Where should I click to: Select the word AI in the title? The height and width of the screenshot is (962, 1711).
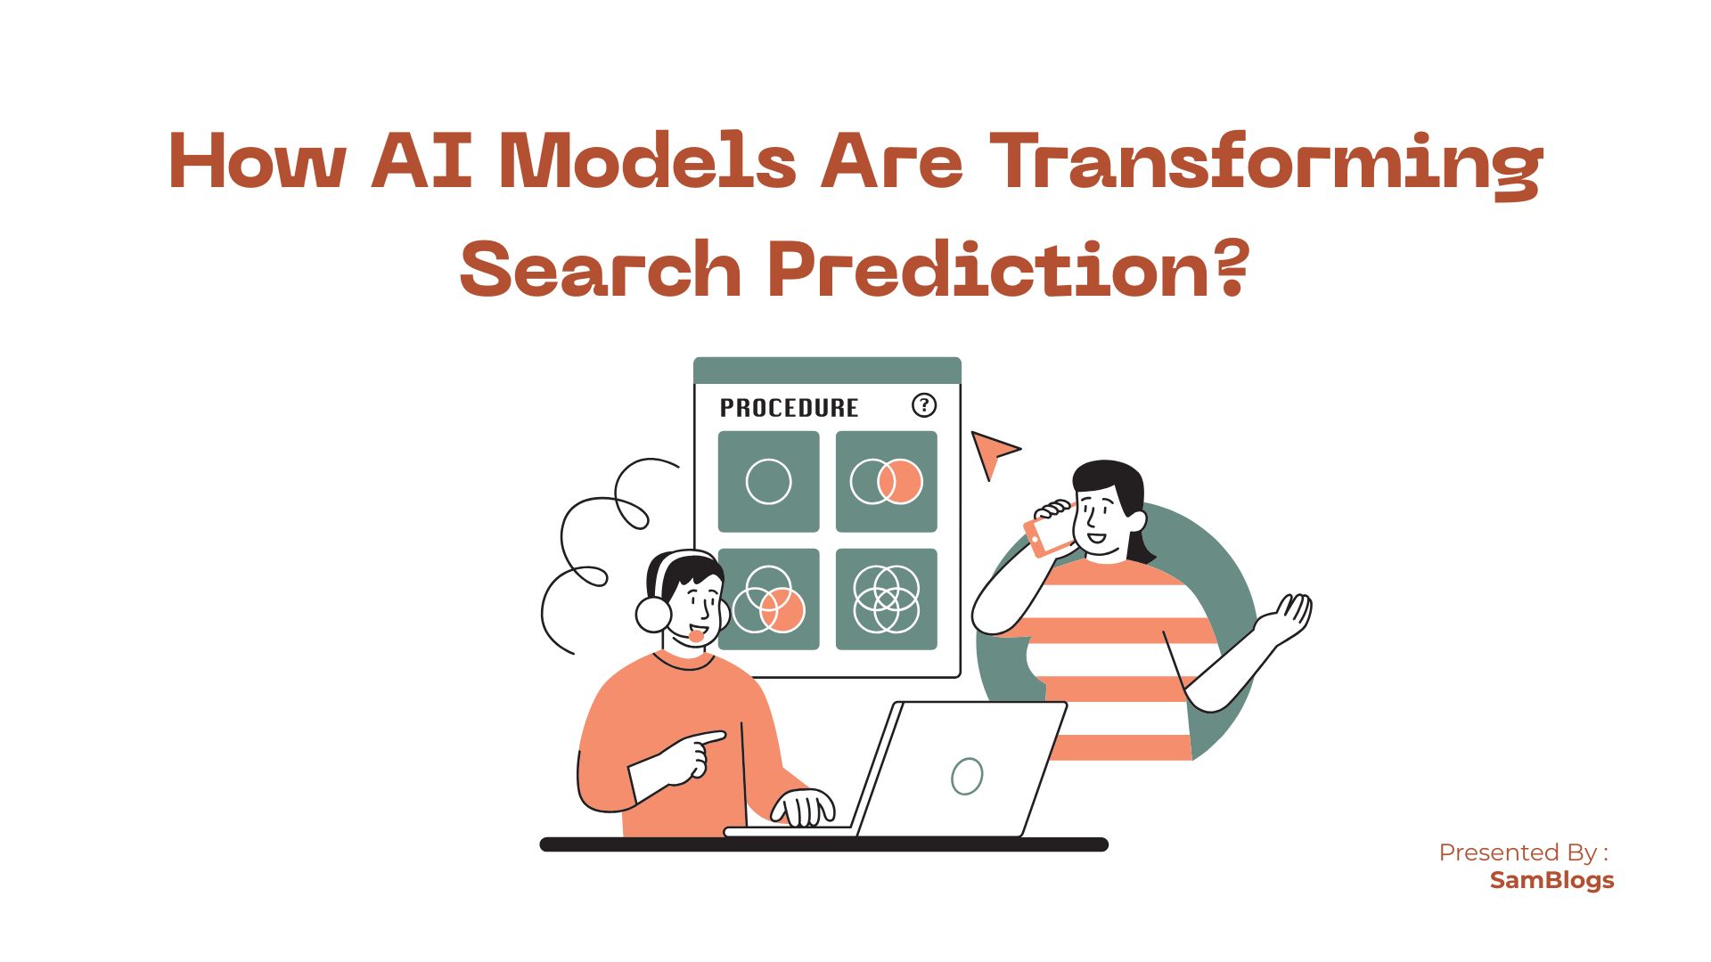422,161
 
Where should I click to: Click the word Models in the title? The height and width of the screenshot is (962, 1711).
648,161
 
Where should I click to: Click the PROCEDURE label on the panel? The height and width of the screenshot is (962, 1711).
789,408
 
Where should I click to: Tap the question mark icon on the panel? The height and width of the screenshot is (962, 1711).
924,405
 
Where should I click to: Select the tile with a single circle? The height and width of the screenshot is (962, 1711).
768,482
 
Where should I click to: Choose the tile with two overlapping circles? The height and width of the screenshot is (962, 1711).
886,482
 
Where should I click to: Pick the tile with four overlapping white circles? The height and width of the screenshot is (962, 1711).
886,599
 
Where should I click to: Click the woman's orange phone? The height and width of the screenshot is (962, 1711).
1049,534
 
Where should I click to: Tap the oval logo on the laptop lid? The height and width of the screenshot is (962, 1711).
967,776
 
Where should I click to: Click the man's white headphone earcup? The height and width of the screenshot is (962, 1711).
653,614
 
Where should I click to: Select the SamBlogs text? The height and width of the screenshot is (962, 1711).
1551,880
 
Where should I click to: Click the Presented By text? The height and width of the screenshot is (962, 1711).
1523,852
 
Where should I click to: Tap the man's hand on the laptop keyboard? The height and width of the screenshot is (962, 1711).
803,808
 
